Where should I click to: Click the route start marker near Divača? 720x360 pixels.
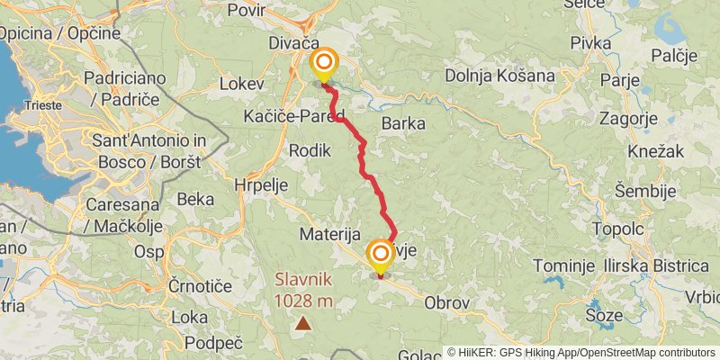[323, 64]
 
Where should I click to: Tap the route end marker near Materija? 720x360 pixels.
[380, 255]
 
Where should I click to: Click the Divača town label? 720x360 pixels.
[293, 42]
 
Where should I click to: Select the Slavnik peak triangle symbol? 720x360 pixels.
[305, 322]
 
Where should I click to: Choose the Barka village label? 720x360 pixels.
[402, 123]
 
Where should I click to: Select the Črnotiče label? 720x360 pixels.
[201, 285]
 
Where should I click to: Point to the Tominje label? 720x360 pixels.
[563, 265]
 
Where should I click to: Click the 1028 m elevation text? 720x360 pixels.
[305, 301]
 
